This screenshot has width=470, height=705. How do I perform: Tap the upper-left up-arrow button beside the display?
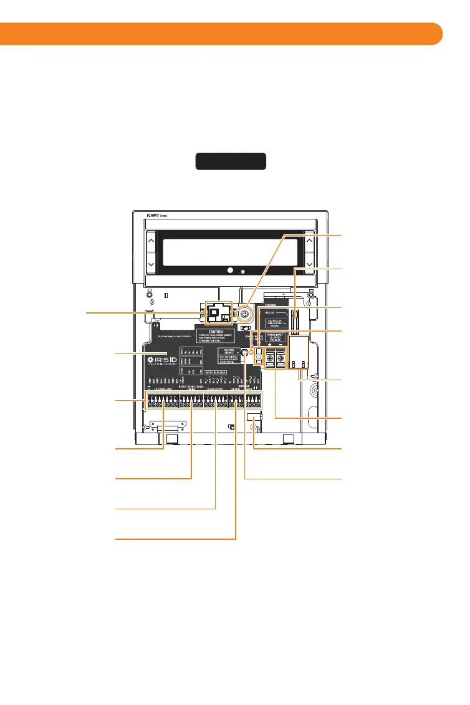pos(150,241)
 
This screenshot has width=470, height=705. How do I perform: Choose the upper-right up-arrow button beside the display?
pos(309,241)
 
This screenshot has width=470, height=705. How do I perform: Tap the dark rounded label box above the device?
pos(231,161)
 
